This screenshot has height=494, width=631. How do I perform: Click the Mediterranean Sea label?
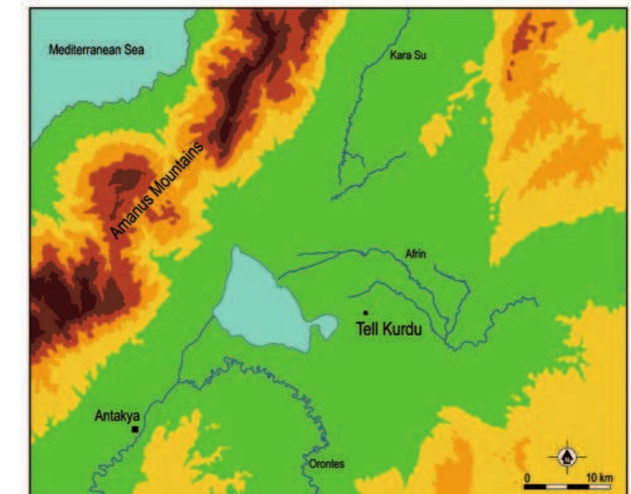(97, 50)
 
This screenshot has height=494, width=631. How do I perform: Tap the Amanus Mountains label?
(158, 191)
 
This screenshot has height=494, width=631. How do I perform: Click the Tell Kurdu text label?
(389, 329)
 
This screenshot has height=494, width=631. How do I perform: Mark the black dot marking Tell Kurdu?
(365, 313)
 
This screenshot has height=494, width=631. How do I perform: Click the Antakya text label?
(117, 416)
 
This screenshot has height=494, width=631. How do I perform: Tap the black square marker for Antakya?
(134, 429)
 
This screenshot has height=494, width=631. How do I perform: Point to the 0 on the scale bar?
(527, 476)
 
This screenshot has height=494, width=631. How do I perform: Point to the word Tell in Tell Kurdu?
(367, 329)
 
